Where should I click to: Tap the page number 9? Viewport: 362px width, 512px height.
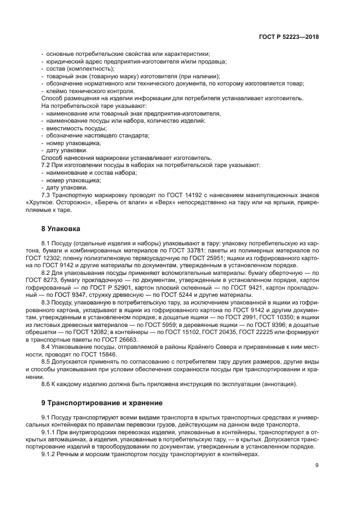click(317, 465)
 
